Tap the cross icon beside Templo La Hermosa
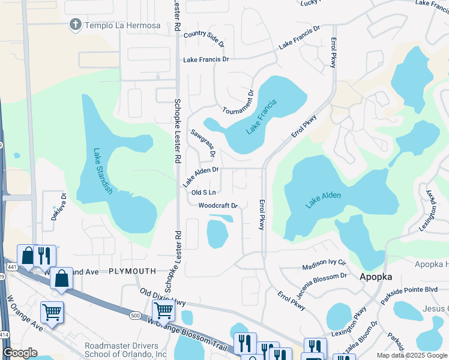[75, 25]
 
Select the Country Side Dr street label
[203, 39]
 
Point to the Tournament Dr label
[238, 103]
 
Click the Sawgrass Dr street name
[202, 143]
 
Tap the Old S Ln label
[203, 193]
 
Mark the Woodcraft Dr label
[218, 205]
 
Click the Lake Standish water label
[102, 170]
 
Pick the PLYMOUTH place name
[133, 272]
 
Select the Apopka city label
[376, 277]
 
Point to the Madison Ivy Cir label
[324, 264]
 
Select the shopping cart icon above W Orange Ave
[52, 312]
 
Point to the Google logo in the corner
[20, 353]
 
